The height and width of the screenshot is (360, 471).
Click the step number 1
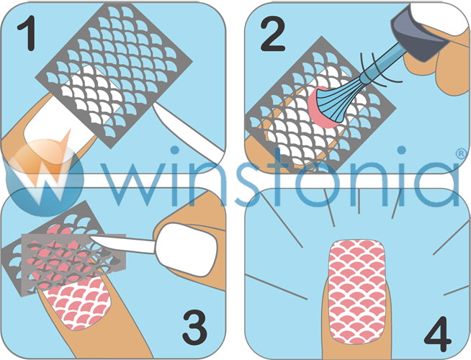27,33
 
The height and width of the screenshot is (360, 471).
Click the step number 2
272,34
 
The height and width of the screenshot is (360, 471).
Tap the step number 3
194,328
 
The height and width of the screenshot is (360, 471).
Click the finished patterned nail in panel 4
357,292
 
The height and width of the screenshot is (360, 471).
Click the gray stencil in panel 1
114,75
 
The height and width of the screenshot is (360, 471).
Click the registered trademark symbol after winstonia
462,153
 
